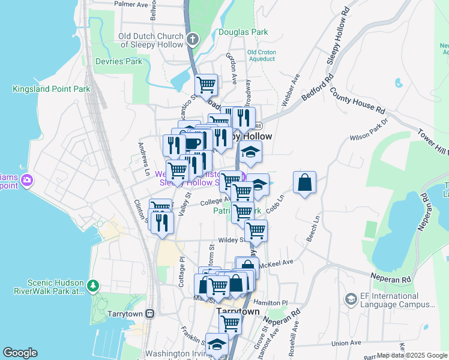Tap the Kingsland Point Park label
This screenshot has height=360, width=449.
click(x=51, y=89)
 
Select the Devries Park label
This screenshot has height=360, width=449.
click(x=118, y=61)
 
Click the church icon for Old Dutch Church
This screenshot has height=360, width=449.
click(x=192, y=40)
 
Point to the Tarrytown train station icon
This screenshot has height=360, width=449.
click(x=149, y=314)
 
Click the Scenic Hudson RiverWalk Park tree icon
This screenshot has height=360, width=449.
click(x=93, y=284)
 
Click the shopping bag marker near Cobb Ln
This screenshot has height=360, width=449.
click(x=305, y=182)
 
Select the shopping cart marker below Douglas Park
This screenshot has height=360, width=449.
click(x=206, y=85)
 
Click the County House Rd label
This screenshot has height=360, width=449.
click(x=357, y=100)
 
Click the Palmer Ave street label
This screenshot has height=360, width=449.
click(x=131, y=4)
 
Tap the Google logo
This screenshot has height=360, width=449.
click(x=20, y=353)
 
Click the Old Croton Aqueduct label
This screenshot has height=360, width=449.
click(x=262, y=56)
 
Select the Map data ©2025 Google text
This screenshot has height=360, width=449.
click(x=412, y=355)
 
